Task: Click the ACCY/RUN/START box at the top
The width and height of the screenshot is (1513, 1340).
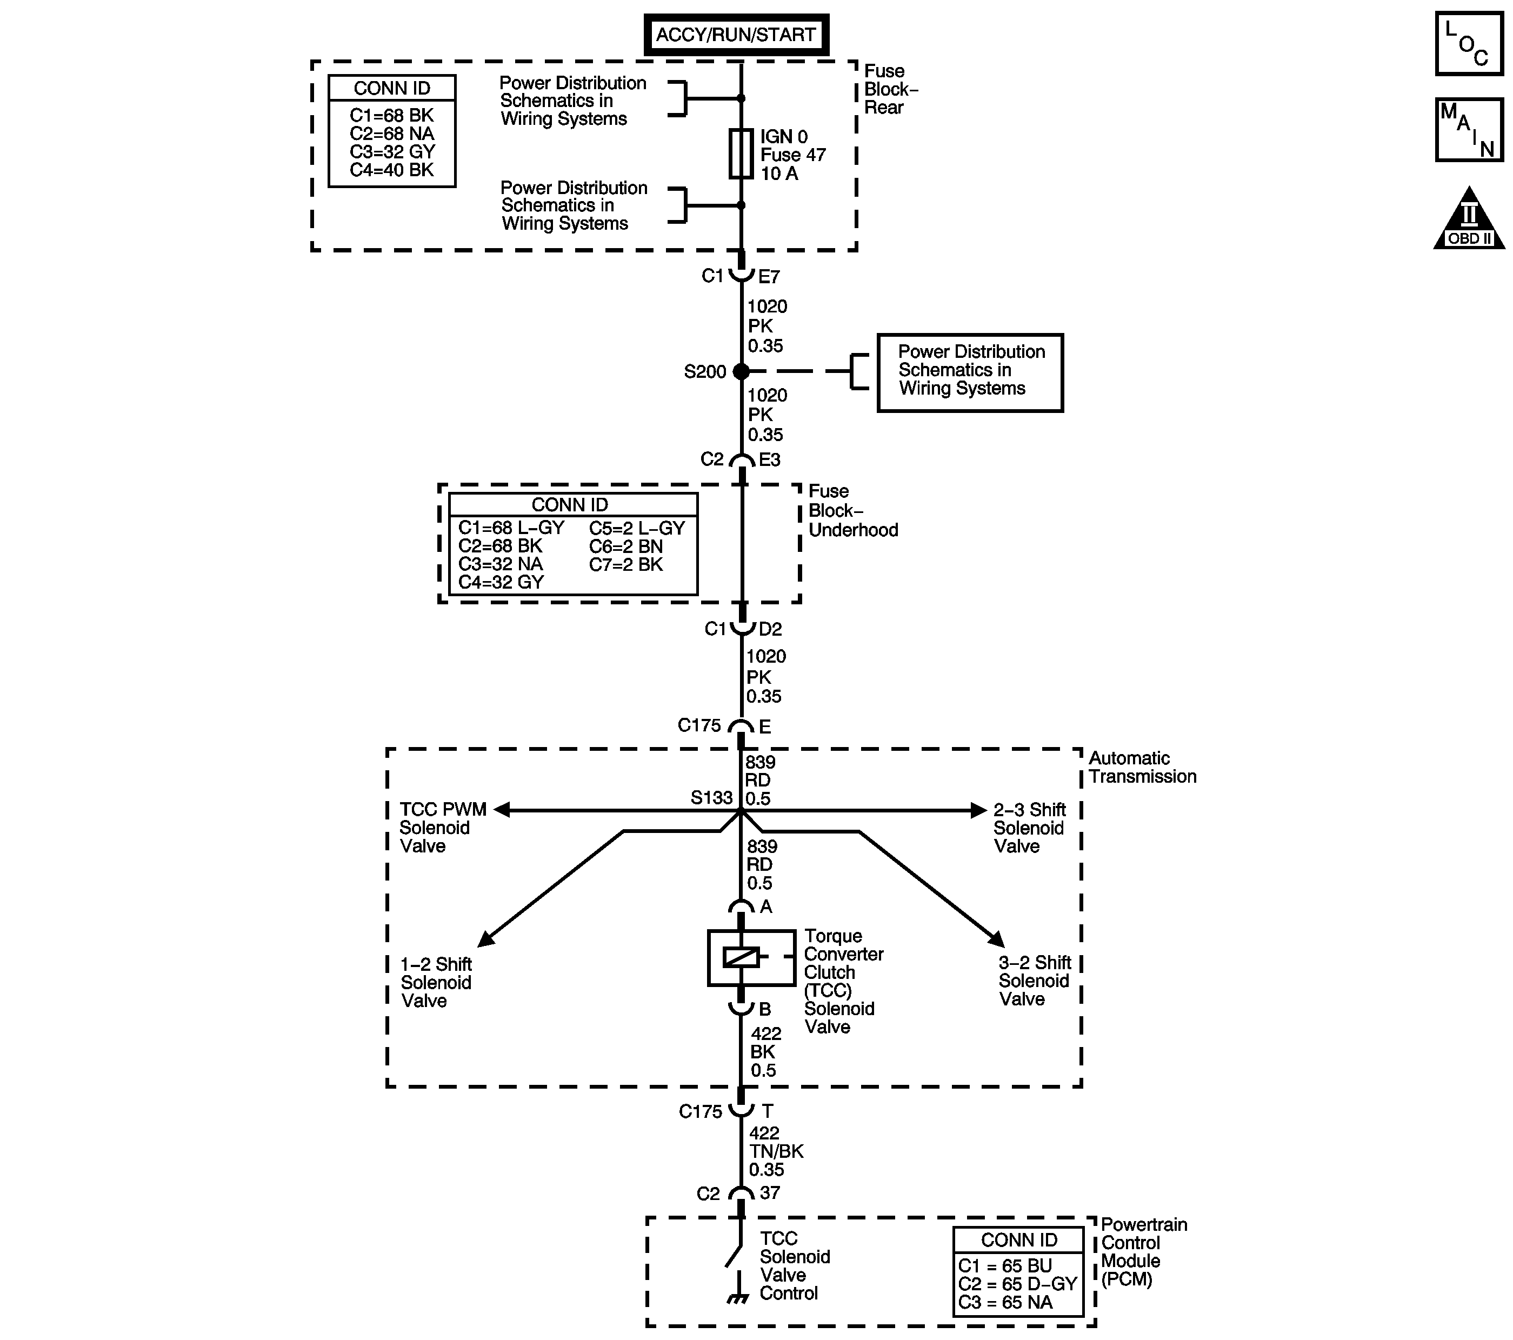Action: coord(736,35)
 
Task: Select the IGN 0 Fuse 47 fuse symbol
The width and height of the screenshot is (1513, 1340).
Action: coord(741,154)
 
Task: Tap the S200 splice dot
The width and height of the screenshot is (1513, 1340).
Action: coord(741,372)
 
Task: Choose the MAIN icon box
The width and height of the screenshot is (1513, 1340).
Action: coord(1469,130)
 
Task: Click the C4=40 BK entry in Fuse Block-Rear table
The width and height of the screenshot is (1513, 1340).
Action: coord(391,170)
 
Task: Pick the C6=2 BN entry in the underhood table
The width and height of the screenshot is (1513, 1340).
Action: coord(625,546)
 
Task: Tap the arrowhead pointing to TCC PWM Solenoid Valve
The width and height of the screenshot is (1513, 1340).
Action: coord(501,810)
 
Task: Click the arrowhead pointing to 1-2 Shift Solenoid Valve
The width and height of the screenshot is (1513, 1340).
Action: coord(485,939)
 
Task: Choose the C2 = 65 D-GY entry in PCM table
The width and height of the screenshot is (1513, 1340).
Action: coord(1017,1284)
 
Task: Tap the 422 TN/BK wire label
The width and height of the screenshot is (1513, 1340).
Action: coord(775,1151)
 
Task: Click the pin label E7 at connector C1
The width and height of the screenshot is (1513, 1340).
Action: coord(769,277)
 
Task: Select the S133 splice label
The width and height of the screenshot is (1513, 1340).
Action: coord(711,797)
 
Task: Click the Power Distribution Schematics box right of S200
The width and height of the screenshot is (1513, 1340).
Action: coord(970,372)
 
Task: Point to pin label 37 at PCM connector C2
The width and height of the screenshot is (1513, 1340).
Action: coord(770,1192)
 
